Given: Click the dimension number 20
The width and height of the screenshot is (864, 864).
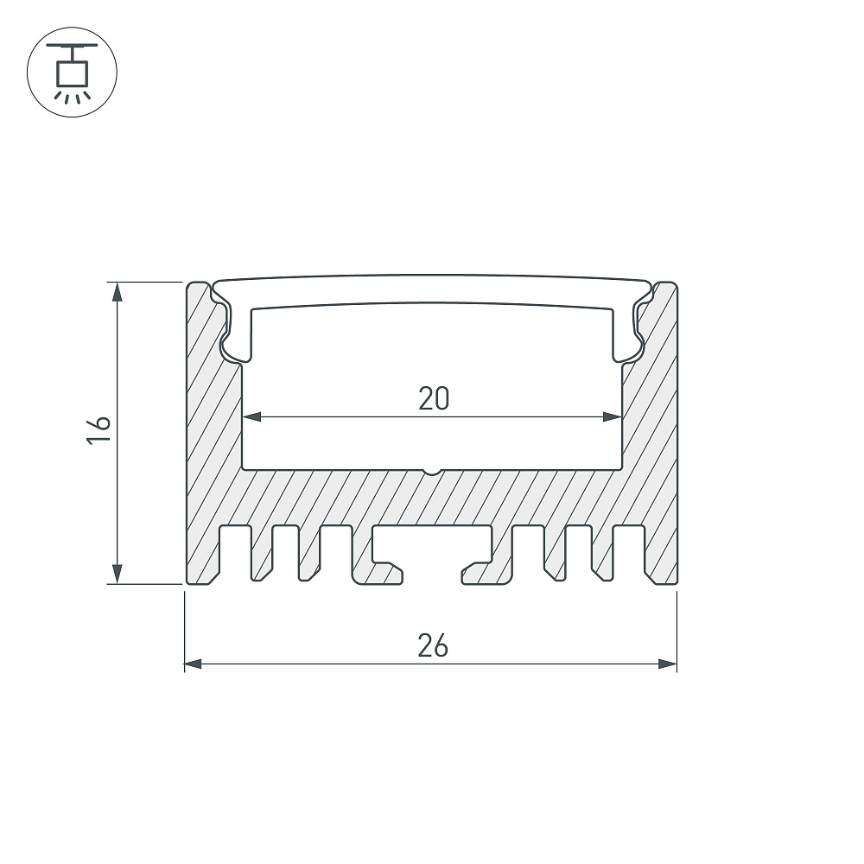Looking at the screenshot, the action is pos(434,398).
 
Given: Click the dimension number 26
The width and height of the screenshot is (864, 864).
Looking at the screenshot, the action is pos(433,645).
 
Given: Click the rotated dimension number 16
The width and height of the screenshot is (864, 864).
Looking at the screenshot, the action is pos(99,429).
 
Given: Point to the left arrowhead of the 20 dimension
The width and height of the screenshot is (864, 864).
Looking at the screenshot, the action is pos(251,416).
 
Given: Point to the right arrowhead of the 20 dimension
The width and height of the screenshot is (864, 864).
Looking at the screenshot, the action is pos(613,416).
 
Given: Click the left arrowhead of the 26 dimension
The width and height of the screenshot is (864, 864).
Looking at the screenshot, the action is pos(194,664).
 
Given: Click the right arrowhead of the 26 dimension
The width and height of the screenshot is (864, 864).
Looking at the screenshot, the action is pos(668,664).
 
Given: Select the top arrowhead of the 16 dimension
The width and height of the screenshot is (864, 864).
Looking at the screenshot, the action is pos(117,292).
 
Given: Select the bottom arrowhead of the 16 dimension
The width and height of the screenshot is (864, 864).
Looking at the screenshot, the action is pos(117,574).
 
